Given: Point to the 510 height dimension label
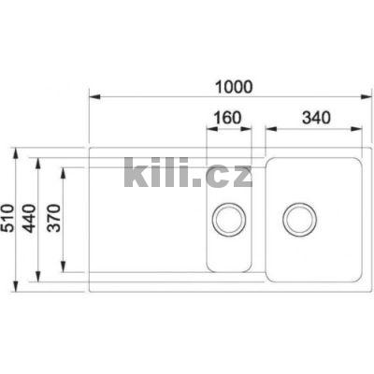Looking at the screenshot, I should [x=9, y=222].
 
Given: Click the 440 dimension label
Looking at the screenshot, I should [x=29, y=222].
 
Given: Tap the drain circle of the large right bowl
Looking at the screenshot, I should [x=300, y=220].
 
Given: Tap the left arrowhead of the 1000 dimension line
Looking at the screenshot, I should [x=93, y=96].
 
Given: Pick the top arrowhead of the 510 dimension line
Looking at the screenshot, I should [x=19, y=150].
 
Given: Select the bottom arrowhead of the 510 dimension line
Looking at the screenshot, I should [x=19, y=292].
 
